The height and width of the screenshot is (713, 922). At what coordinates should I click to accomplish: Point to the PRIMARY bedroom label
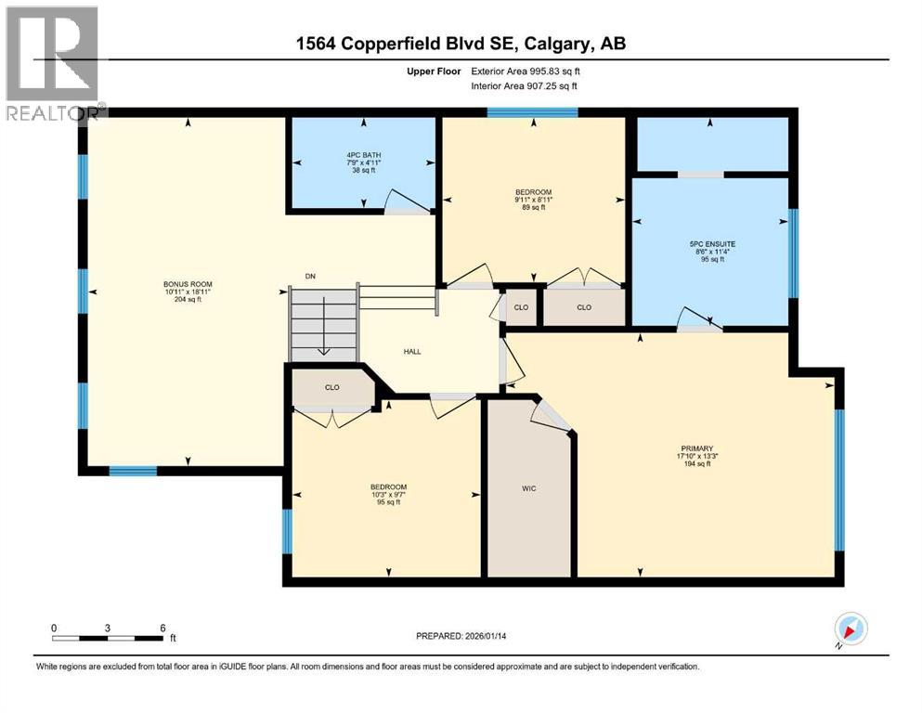(x=695, y=448)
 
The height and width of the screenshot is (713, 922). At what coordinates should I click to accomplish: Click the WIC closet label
(x=528, y=487)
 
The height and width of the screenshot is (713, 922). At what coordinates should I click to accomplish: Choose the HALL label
(x=412, y=352)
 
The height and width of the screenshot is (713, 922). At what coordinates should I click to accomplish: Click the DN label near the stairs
(x=310, y=276)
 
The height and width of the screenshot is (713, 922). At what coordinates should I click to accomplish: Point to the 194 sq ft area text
(x=695, y=464)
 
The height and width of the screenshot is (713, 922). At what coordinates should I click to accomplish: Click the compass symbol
(x=851, y=629)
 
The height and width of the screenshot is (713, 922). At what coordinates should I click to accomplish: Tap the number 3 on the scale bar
(x=108, y=628)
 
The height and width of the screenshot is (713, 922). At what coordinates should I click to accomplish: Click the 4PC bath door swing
(x=401, y=201)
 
